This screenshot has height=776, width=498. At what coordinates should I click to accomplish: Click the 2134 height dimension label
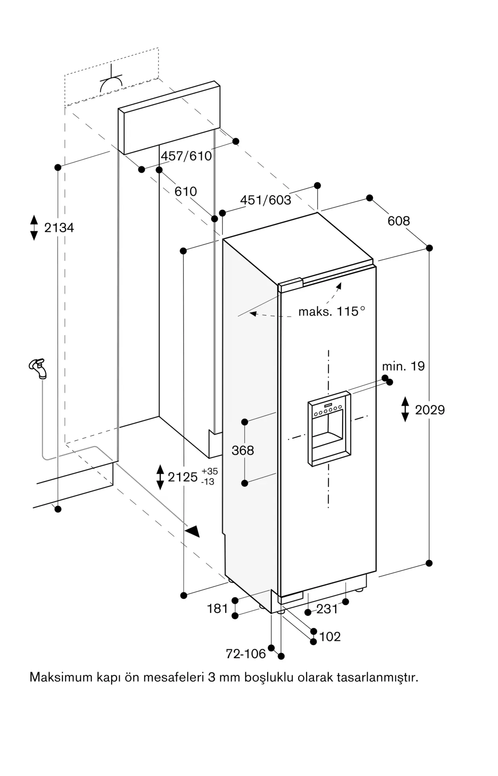click(59, 228)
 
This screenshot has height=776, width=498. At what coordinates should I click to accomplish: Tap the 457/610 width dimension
click(186, 156)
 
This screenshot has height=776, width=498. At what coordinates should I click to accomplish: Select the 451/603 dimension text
click(266, 200)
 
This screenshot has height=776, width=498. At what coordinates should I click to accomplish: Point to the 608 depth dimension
click(399, 221)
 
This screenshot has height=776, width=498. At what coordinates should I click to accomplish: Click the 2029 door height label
click(430, 410)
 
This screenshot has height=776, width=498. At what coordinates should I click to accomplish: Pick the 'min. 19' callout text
click(403, 366)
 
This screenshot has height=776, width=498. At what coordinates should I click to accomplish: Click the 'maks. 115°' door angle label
click(332, 311)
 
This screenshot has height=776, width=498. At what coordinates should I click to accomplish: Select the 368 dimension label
click(243, 450)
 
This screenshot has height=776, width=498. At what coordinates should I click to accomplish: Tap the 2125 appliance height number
click(183, 477)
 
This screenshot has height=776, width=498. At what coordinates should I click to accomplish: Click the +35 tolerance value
click(210, 471)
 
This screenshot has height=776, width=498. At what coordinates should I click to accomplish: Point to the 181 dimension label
click(218, 608)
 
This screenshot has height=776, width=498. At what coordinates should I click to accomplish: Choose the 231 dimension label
click(327, 609)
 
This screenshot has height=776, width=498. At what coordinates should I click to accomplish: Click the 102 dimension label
click(330, 637)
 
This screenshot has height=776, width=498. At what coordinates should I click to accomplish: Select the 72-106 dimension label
click(246, 654)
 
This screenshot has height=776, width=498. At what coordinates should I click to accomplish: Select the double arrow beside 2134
click(34, 227)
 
